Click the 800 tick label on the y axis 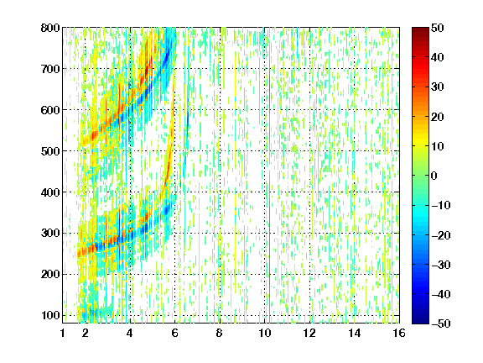(x=50, y=28)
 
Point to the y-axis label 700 (x=50, y=69)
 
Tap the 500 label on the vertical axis (x=50, y=151)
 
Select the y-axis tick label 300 (x=50, y=233)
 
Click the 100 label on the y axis (x=50, y=315)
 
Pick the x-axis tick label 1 (x=63, y=333)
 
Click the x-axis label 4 (x=130, y=333)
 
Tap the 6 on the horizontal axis (x=174, y=333)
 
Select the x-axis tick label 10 (x=265, y=333)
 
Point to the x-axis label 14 (x=355, y=333)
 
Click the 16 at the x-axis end (x=399, y=333)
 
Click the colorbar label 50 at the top (x=437, y=28)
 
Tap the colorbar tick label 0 (x=434, y=176)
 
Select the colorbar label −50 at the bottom (x=441, y=324)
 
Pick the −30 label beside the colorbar (x=441, y=265)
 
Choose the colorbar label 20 (x=437, y=117)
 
